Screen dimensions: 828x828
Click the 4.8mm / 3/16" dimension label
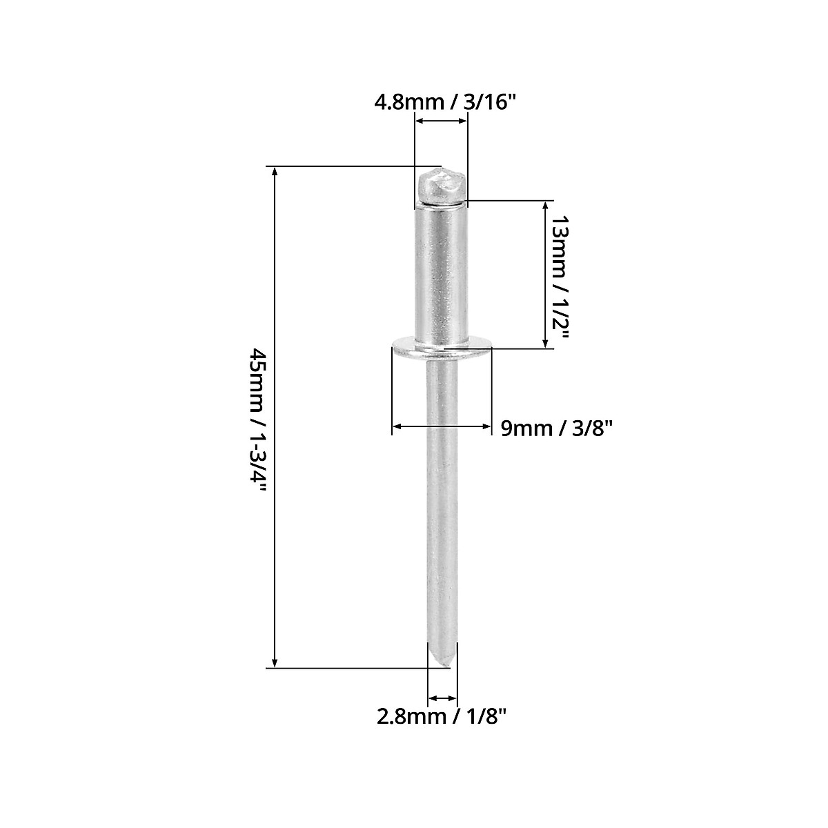pyautogui.click(x=445, y=102)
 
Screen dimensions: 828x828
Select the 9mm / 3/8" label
pyautogui.click(x=557, y=428)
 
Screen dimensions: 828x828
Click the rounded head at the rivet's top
pyautogui.click(x=442, y=186)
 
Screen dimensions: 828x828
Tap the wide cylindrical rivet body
pyautogui.click(x=442, y=276)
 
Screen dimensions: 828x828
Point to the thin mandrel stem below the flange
pyautogui.click(x=442, y=497)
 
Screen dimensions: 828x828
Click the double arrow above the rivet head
pyautogui.click(x=441, y=121)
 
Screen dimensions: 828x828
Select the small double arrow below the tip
pyautogui.click(x=442, y=697)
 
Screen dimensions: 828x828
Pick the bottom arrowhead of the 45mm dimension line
pyautogui.click(x=275, y=662)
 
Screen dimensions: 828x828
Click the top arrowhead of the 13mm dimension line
pyautogui.click(x=546, y=206)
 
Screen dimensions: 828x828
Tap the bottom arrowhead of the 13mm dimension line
pyautogui.click(x=546, y=343)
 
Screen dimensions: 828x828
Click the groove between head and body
pyautogui.click(x=442, y=204)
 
